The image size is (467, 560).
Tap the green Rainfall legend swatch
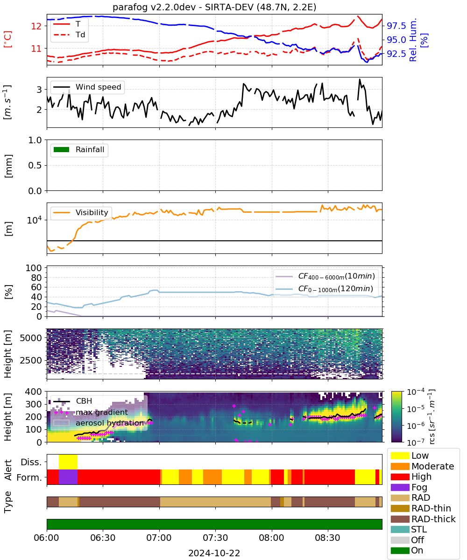tap(62, 149)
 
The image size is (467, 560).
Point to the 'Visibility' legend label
tap(92, 212)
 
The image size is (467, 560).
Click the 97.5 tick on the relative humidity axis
tap(396, 26)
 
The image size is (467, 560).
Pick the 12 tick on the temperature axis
tap(36, 26)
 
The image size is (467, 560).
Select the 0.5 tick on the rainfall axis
tap(35, 165)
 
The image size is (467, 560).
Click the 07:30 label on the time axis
tap(215, 538)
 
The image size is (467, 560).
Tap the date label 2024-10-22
tap(214, 553)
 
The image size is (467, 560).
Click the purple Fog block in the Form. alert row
tap(68, 477)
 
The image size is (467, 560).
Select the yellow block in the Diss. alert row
tap(68, 462)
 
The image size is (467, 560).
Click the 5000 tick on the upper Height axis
tap(31, 338)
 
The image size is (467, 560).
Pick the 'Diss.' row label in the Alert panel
tap(31, 462)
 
